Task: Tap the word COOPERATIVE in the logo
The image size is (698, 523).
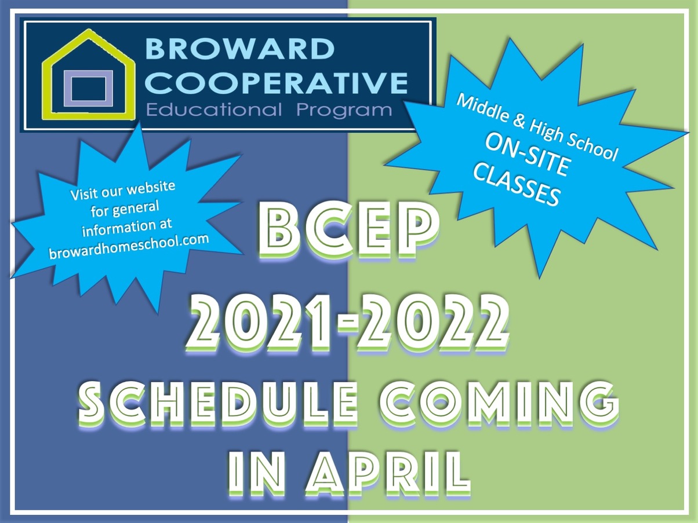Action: pos(277,83)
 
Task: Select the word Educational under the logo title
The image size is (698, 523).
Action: pos(215,110)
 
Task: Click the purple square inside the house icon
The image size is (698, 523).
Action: pos(88,88)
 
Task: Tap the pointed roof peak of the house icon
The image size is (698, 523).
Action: pos(88,31)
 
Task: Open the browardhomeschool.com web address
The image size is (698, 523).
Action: pos(129,247)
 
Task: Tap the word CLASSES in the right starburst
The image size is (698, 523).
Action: pos(516,187)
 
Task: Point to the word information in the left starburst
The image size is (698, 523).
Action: pos(127,228)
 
